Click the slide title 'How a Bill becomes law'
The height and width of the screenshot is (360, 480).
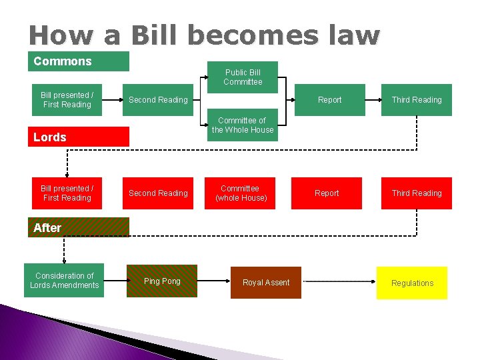coord(204,35)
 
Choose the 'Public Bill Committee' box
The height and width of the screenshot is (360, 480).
coord(243,77)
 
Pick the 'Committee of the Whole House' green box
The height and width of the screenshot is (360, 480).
coord(243,125)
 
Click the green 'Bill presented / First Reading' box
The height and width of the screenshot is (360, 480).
coord(67,100)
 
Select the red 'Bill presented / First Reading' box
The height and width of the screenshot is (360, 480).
coord(67,193)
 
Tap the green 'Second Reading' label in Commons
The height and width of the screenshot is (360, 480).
coord(158,100)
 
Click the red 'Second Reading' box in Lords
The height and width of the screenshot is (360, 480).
coord(158,193)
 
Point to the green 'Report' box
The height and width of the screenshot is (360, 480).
coord(329,100)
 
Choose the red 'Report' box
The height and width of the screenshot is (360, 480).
coord(327,193)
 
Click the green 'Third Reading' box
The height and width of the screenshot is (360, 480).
coord(417,100)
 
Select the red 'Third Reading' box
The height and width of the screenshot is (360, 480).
coord(417,193)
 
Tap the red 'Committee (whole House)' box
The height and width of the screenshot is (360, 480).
coord(240,193)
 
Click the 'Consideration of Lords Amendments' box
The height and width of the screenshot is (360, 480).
coord(64,281)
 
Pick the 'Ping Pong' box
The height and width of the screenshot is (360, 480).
coord(162,281)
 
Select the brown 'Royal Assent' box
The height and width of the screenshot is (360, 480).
coord(266,283)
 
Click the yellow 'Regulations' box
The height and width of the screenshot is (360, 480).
coord(412,283)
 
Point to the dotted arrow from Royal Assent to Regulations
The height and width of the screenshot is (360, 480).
coord(339,283)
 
